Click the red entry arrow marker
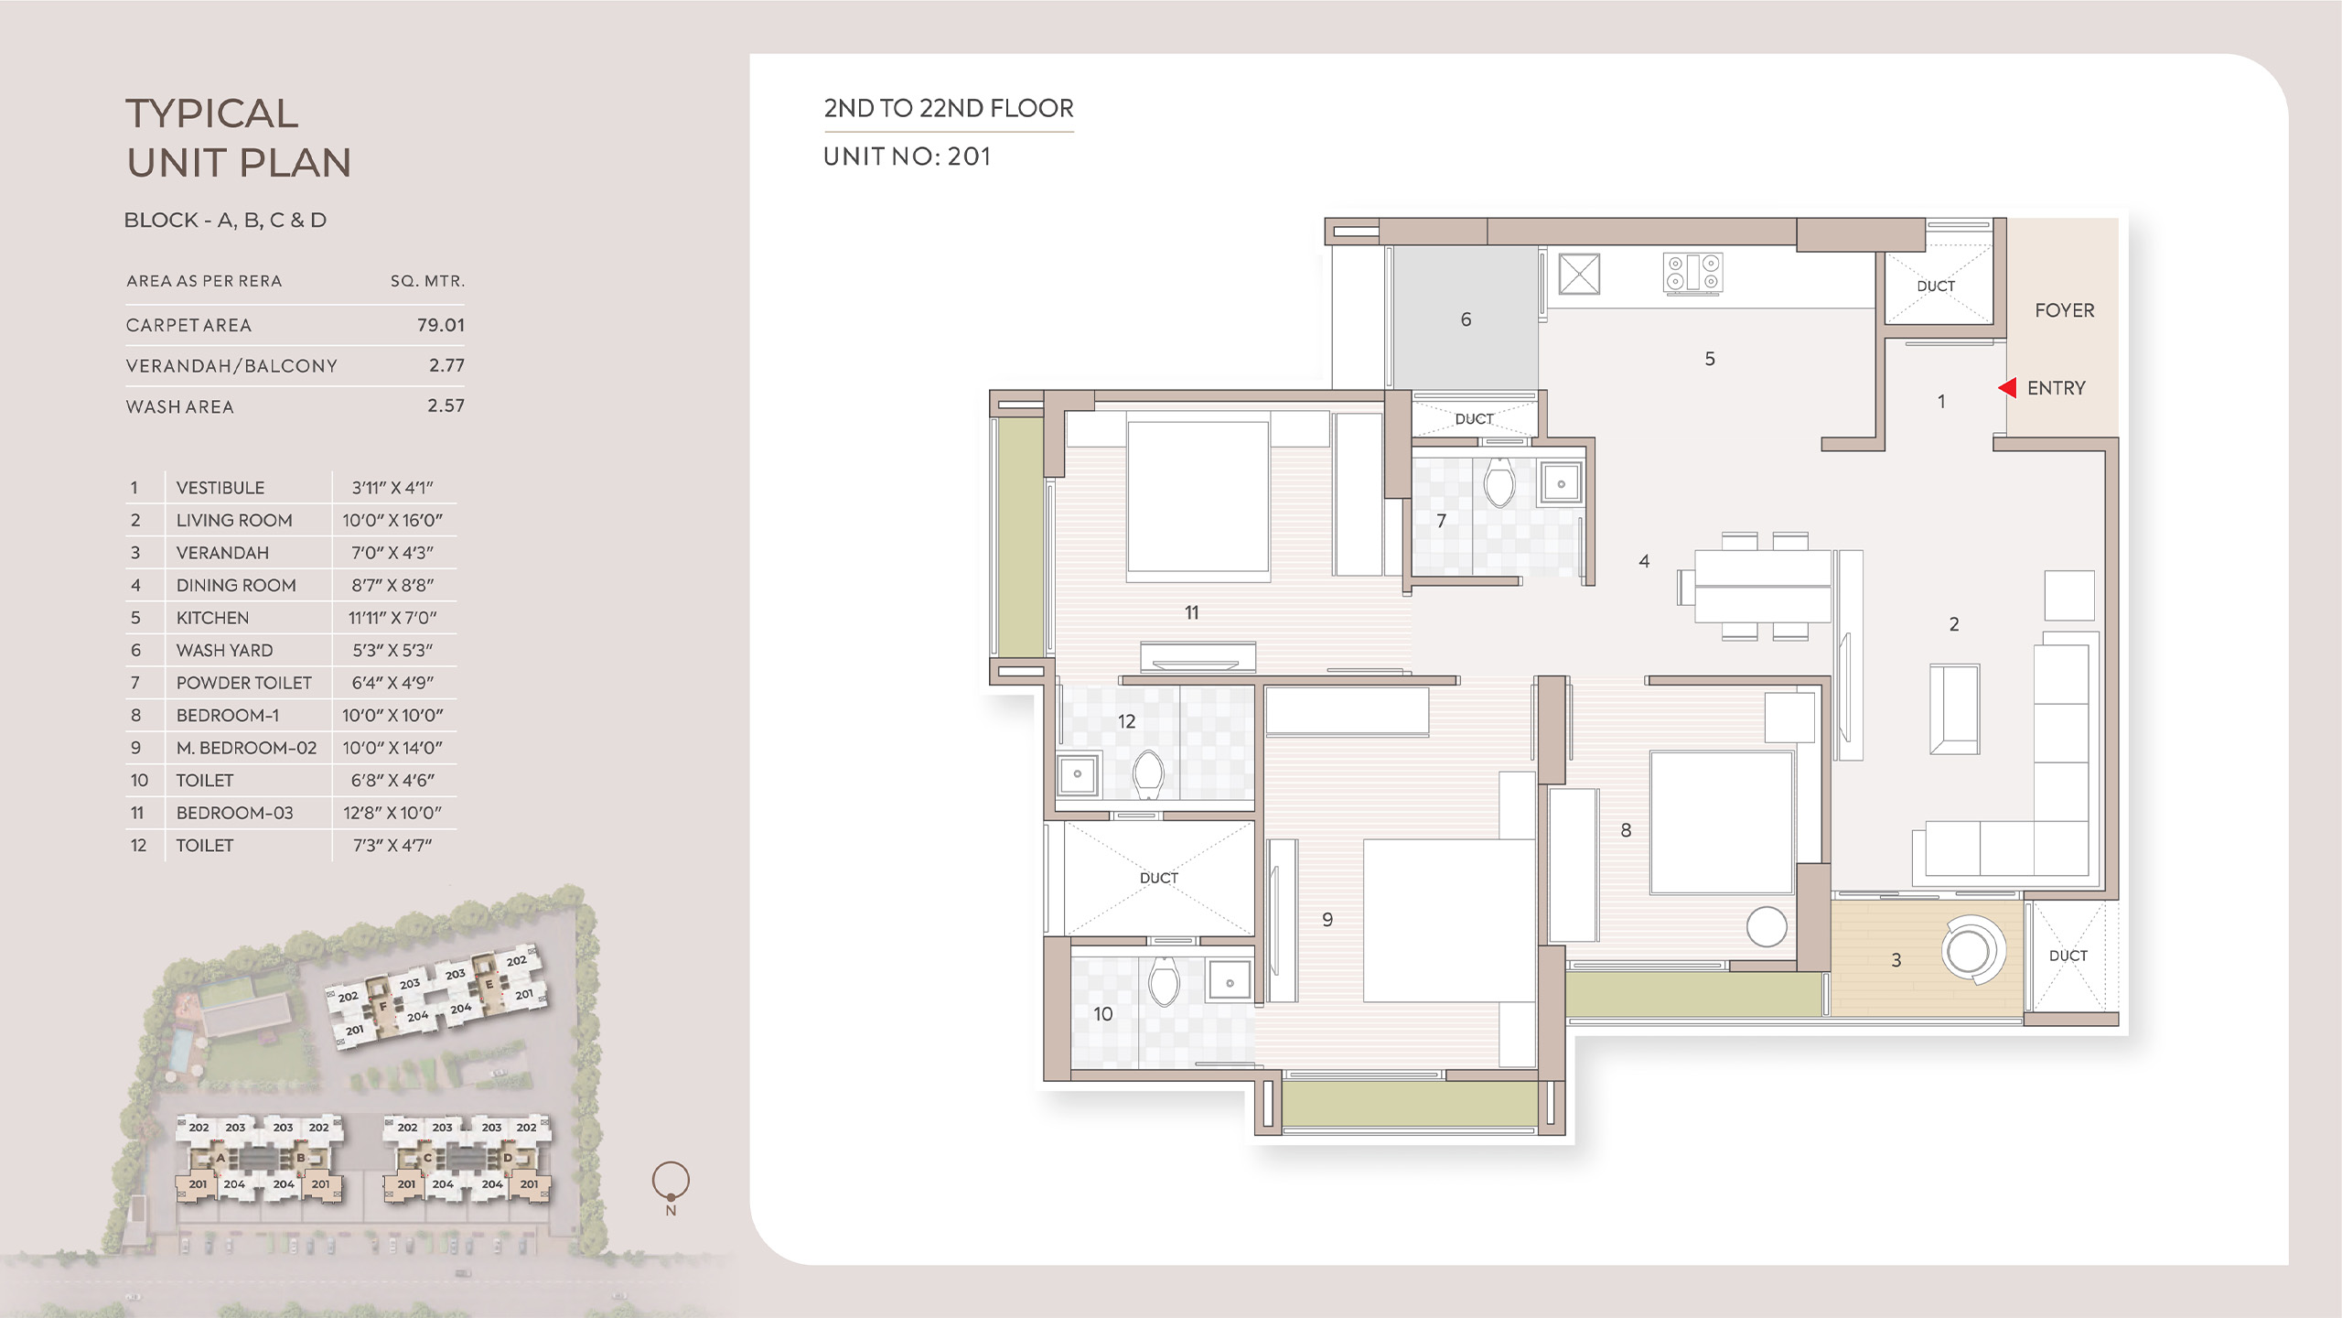tap(2008, 388)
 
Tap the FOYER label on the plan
tap(2064, 310)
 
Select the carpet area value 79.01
tap(441, 325)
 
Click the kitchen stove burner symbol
tap(1692, 273)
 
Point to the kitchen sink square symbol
tap(1579, 274)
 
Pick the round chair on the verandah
tap(1972, 950)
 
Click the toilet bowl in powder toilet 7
tap(1499, 482)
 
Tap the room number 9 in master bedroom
tap(1327, 920)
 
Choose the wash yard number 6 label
tap(1466, 319)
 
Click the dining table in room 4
tap(1763, 586)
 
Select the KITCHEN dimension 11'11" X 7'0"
tap(392, 618)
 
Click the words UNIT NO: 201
tap(908, 157)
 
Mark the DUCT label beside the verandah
tap(2068, 956)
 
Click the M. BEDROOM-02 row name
tap(247, 748)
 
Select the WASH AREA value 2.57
tap(446, 405)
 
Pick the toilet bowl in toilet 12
tap(1147, 774)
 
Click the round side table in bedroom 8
tap(1767, 927)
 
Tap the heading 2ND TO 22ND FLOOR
tap(949, 108)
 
